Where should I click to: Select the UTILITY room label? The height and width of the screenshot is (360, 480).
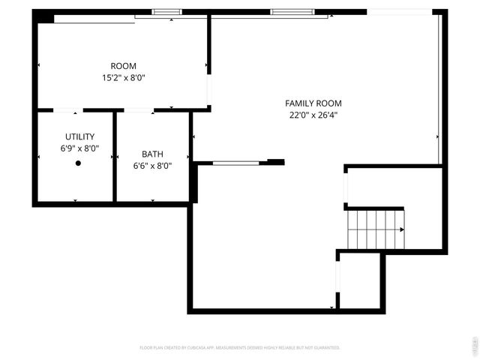point(79,136)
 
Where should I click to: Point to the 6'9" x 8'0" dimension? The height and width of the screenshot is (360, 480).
point(79,148)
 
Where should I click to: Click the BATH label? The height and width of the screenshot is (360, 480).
point(152,154)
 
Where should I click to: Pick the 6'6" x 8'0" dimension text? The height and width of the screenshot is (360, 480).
point(152,166)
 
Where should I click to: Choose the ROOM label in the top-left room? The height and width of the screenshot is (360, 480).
point(124,66)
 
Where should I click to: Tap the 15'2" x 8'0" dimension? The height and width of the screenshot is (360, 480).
point(124,77)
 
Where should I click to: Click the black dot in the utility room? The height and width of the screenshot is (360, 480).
point(78,163)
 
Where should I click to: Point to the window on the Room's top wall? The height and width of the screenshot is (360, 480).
point(167,12)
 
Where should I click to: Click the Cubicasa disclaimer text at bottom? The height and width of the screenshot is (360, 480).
point(240,347)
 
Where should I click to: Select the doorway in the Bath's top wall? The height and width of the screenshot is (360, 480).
point(139,110)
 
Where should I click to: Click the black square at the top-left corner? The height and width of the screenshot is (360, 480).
point(44,16)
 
